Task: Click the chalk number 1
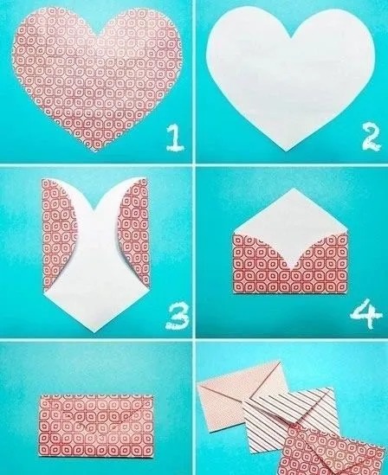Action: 175,136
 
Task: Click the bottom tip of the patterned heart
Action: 94,153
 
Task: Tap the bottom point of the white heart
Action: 288,149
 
